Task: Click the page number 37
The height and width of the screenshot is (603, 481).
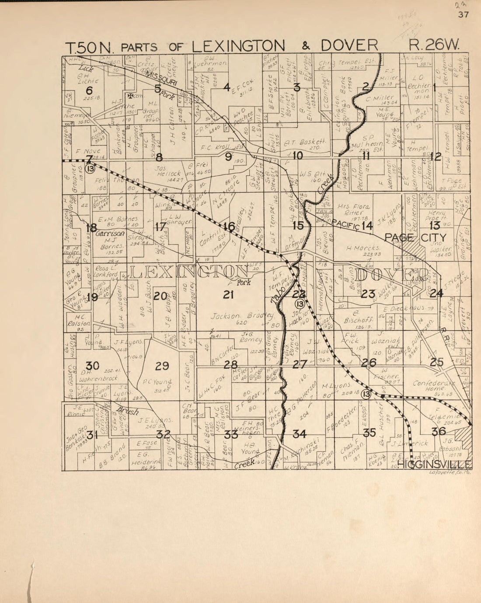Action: (463, 15)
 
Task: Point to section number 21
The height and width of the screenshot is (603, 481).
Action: (228, 295)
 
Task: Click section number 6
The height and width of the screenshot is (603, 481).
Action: (89, 90)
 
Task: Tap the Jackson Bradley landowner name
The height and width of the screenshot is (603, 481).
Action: (242, 316)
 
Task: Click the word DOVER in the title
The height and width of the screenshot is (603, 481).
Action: (349, 45)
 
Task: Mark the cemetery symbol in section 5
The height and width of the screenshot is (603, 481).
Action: (130, 95)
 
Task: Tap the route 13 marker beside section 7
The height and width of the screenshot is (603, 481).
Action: (91, 169)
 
